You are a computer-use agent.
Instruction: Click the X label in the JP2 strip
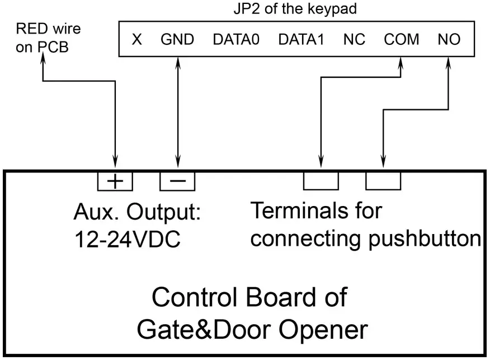tap(136, 40)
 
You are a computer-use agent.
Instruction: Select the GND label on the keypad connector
tap(177, 40)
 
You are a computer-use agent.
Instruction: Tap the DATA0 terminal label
tap(237, 40)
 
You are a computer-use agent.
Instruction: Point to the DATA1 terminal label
tap(301, 40)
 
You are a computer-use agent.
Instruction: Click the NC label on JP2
tap(354, 40)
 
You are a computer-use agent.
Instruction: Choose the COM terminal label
tap(401, 40)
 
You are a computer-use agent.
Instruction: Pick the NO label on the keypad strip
tap(449, 40)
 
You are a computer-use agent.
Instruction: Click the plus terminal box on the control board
tap(115, 180)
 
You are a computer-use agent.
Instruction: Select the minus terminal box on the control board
tap(178, 180)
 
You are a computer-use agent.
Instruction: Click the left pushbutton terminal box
tap(321, 180)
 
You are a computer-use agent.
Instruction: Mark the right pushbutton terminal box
tap(383, 180)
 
